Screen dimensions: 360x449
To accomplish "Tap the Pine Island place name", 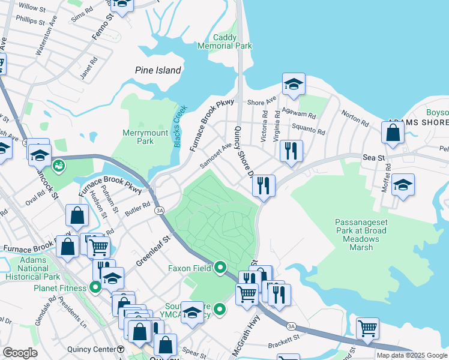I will pyautogui.click(x=157, y=70).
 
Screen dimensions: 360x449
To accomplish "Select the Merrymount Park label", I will pyautogui.click(x=138, y=137).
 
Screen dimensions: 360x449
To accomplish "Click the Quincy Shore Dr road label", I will pyautogui.click(x=244, y=151).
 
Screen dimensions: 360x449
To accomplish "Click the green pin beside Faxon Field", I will pyautogui.click(x=220, y=268).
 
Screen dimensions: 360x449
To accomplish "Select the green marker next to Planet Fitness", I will pyautogui.click(x=95, y=287).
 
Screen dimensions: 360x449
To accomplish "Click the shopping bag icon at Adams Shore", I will pyautogui.click(x=392, y=134).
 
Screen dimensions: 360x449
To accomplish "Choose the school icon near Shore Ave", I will pyautogui.click(x=294, y=85).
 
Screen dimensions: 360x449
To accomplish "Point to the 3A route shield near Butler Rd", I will pyautogui.click(x=159, y=211).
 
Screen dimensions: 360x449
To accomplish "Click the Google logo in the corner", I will pyautogui.click(x=20, y=353).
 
